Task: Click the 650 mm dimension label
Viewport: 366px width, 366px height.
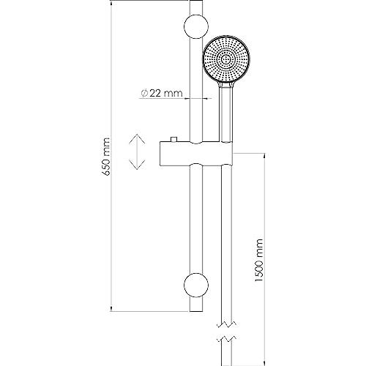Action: click(106, 157)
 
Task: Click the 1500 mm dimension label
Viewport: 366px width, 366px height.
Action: click(259, 261)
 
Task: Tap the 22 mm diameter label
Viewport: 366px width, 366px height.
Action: click(162, 93)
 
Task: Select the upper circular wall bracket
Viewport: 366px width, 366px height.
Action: click(196, 26)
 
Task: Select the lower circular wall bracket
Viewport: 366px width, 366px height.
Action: click(196, 285)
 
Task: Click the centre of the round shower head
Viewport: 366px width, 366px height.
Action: click(225, 60)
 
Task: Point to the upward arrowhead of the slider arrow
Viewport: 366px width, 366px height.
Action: click(137, 138)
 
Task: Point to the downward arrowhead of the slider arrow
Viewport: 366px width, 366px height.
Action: click(137, 165)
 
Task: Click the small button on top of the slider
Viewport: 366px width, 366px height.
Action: click(173, 139)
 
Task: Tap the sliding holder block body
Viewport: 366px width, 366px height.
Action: click(196, 154)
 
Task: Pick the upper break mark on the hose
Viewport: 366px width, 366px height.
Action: click(227, 324)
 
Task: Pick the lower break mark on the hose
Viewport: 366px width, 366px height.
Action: click(227, 339)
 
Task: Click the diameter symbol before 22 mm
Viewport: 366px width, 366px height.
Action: click(144, 94)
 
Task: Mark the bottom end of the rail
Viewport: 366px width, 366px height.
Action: click(196, 311)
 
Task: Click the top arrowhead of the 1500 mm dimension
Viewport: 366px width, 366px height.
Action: click(264, 156)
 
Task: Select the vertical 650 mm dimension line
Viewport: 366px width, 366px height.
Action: click(111, 156)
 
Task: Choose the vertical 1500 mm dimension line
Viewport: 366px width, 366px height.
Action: click(264, 259)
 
